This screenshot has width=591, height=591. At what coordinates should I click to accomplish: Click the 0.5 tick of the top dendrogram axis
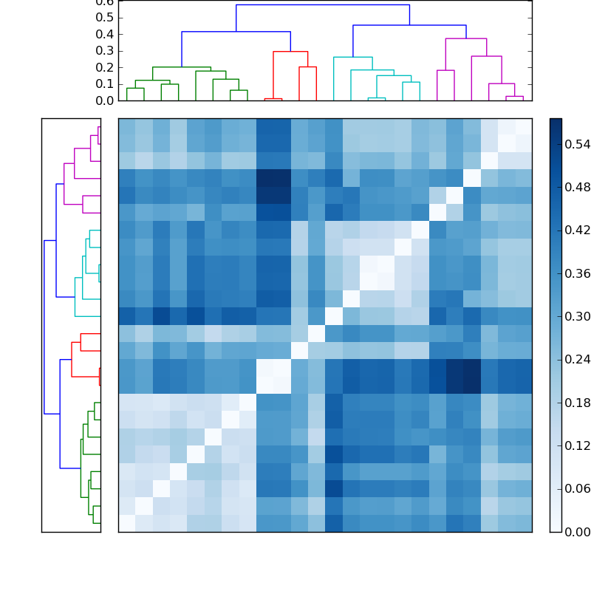(x=104, y=18)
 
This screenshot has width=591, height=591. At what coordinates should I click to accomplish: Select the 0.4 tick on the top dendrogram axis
(x=104, y=34)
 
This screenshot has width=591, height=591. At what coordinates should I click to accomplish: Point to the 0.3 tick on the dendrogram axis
(x=104, y=51)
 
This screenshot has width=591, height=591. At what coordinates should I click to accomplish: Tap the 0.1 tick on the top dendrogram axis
(x=104, y=84)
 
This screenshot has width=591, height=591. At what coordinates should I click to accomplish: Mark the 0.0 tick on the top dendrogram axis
(x=104, y=100)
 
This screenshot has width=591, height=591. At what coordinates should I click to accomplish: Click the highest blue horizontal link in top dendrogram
(x=322, y=5)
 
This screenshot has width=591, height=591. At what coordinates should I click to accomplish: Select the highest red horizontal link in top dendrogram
(x=290, y=52)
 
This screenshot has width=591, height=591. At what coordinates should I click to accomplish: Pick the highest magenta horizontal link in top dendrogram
(x=465, y=38)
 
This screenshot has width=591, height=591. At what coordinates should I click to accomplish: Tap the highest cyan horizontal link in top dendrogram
(x=352, y=57)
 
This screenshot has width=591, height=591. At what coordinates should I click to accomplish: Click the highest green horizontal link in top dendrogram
(x=181, y=67)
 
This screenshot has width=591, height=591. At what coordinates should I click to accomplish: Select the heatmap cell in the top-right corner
(x=523, y=126)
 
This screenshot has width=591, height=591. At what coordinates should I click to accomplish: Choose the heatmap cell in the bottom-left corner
(x=126, y=523)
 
